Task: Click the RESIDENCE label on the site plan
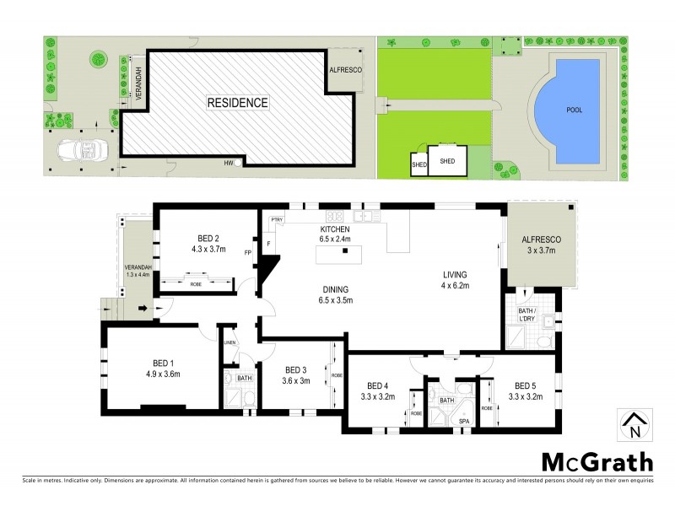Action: pyautogui.click(x=238, y=103)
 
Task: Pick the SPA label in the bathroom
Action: pyautogui.click(x=463, y=420)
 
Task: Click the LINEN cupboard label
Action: pyautogui.click(x=229, y=342)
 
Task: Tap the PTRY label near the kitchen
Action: pyautogui.click(x=276, y=221)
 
